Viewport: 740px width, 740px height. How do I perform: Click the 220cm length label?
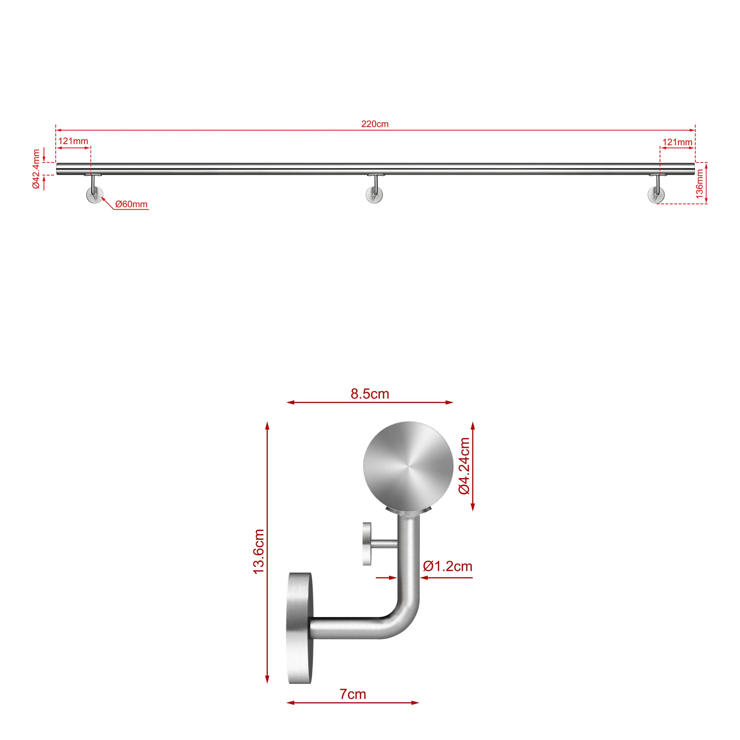[x=375, y=124]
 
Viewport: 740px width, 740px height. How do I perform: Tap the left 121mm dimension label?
[x=73, y=141]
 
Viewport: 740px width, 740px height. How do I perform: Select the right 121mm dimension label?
[x=677, y=142]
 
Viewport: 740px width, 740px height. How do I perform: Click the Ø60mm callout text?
[x=131, y=204]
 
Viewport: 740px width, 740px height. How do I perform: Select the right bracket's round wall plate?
[x=656, y=195]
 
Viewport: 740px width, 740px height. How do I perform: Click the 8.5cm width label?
[x=370, y=394]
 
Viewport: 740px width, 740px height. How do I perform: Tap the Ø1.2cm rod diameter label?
[x=447, y=566]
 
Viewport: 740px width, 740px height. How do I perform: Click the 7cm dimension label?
[x=353, y=694]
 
